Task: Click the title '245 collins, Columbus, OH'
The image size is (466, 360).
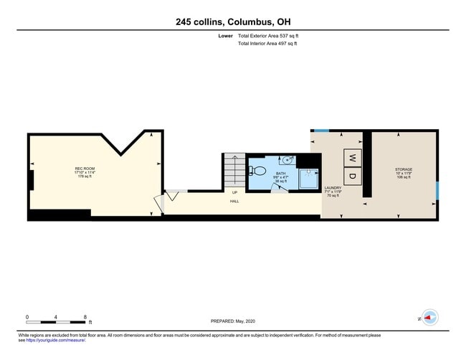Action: pos(233,22)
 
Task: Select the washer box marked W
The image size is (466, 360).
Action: pos(352,158)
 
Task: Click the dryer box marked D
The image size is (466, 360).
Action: pos(352,175)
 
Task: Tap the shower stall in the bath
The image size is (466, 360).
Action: pos(310,180)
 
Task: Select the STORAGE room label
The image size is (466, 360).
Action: pos(403,170)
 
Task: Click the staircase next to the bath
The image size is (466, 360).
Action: pos(234,170)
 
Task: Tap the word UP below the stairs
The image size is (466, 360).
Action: pos(234,192)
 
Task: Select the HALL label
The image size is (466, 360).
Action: pos(234,202)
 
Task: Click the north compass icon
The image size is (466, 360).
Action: pos(430,317)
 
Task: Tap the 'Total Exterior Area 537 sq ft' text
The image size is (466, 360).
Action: pos(267,36)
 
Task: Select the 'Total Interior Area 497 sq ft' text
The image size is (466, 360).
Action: pos(267,44)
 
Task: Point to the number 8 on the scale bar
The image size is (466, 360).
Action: pos(85,316)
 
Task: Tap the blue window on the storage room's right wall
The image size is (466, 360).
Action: pos(437,192)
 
